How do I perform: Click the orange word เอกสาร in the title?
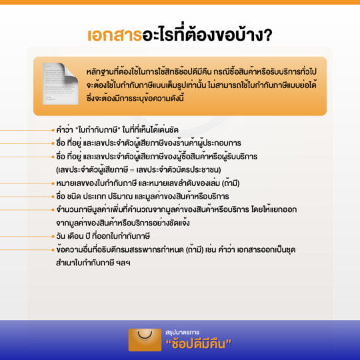(x=115, y=35)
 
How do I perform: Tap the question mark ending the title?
(x=267, y=35)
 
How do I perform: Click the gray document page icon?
(x=61, y=84)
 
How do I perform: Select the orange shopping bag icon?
(x=145, y=340)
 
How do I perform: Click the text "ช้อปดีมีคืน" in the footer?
(x=199, y=344)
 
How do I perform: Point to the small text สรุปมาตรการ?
(x=182, y=332)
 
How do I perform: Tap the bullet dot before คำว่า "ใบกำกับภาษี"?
(x=53, y=131)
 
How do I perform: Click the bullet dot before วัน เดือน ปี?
(x=53, y=237)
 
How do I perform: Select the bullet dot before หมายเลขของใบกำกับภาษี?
(x=53, y=183)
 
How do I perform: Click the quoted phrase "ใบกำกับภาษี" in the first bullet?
(x=98, y=130)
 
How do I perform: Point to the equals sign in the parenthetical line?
(x=132, y=171)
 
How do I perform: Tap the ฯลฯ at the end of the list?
(x=123, y=263)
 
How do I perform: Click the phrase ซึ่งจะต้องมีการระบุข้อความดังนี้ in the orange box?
(x=135, y=98)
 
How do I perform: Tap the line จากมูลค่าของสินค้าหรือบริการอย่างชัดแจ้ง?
(x=123, y=223)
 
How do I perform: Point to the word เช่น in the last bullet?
(x=211, y=249)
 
